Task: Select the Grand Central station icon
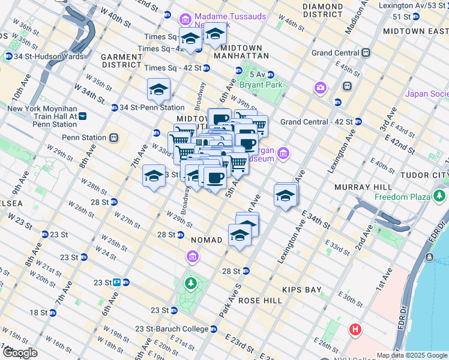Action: click(x=365, y=53)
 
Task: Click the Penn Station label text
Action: click(x=84, y=137)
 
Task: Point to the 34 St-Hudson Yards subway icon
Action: click(x=9, y=56)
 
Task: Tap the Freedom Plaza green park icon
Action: click(x=441, y=196)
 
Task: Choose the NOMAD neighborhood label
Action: click(x=206, y=240)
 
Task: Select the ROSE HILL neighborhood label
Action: click(x=260, y=300)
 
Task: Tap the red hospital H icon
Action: click(x=355, y=330)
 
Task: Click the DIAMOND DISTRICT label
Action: click(x=322, y=10)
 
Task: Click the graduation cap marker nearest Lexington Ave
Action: click(x=286, y=195)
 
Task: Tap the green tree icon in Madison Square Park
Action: click(x=191, y=283)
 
